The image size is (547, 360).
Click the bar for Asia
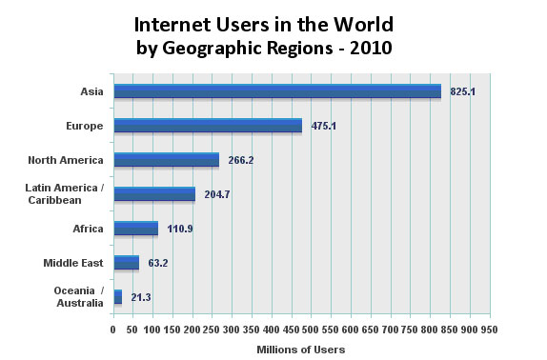click(x=276, y=91)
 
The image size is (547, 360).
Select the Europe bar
click(x=208, y=126)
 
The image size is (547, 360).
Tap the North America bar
click(x=166, y=160)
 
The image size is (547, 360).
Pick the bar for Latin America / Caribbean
click(x=154, y=194)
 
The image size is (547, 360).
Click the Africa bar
click(x=135, y=229)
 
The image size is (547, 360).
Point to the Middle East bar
click(x=126, y=263)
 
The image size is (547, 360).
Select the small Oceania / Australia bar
click(x=117, y=297)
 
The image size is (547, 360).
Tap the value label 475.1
click(x=322, y=126)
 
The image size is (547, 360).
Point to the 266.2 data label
click(x=240, y=160)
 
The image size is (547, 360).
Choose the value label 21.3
click(x=141, y=297)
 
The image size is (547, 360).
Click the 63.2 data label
click(x=158, y=263)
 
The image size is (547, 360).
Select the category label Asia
click(x=92, y=91)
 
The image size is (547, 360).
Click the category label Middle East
click(x=73, y=263)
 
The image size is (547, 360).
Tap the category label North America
click(x=66, y=160)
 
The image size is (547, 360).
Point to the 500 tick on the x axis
click(x=311, y=330)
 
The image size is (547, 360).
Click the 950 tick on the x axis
click(x=489, y=330)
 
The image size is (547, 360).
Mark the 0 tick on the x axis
click(x=113, y=330)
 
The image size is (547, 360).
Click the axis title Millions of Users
click(x=301, y=350)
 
